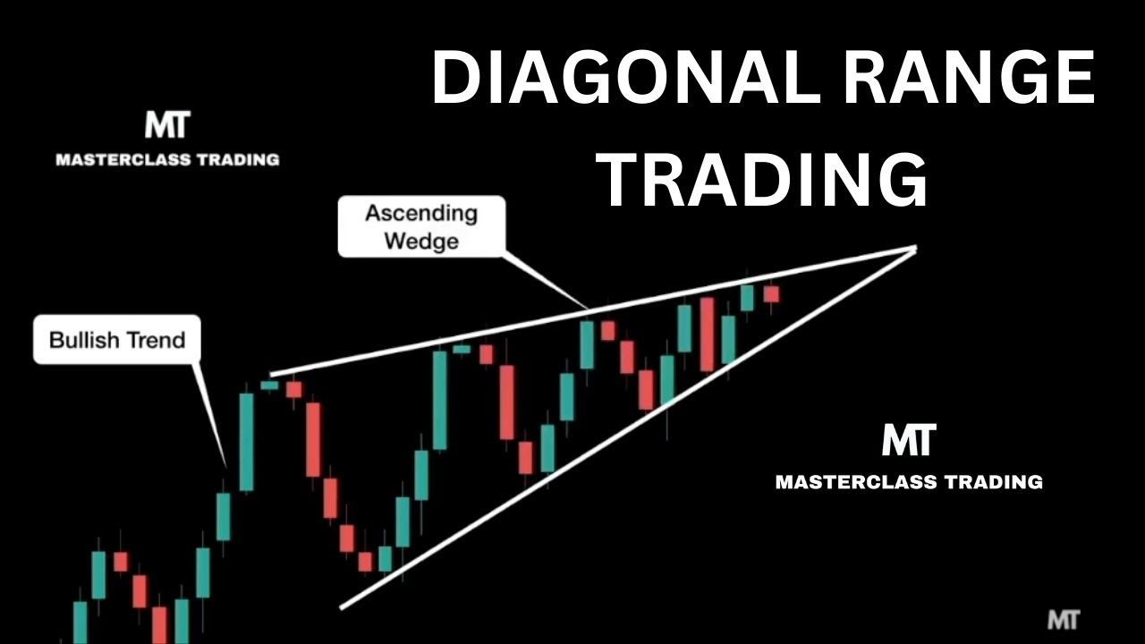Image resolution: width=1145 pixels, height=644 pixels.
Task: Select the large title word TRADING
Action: (x=762, y=181)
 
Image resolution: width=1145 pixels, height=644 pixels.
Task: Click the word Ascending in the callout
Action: (x=421, y=214)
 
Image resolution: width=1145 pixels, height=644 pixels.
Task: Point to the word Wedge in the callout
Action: (x=421, y=241)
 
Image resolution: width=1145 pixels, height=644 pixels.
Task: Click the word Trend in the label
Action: (x=157, y=340)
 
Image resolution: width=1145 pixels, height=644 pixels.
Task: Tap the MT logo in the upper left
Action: (x=167, y=125)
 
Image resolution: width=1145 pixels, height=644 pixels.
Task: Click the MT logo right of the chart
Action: (x=908, y=440)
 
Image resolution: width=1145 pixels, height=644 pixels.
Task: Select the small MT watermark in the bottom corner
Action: (x=1063, y=620)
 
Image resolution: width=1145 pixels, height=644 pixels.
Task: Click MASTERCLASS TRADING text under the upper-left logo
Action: (x=167, y=160)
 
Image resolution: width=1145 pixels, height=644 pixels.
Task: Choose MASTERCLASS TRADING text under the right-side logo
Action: (x=909, y=482)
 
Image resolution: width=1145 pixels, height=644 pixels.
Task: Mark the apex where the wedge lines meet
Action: (x=915, y=248)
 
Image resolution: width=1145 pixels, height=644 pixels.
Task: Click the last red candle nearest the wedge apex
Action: (x=771, y=293)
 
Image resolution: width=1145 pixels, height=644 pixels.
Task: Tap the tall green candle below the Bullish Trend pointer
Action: (x=246, y=441)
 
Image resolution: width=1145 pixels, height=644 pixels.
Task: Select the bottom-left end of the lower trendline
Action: (x=342, y=607)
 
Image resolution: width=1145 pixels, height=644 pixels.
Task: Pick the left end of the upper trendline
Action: (x=272, y=375)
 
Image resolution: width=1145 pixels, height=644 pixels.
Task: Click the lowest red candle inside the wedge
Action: (x=365, y=561)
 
